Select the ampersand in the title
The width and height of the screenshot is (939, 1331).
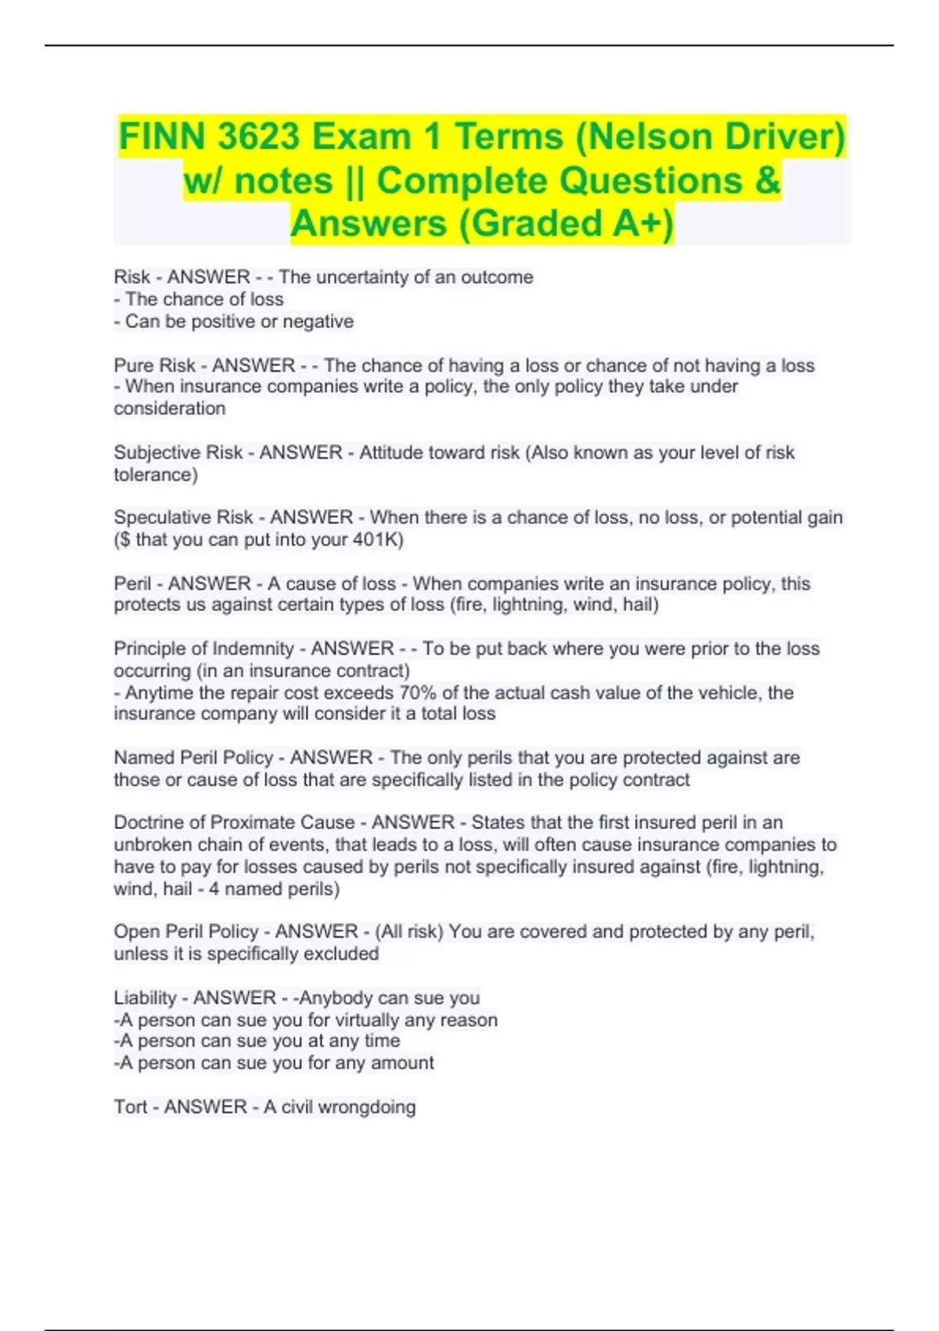click(x=768, y=181)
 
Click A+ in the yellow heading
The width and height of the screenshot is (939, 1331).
click(x=638, y=223)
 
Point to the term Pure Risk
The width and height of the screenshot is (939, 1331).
click(x=154, y=366)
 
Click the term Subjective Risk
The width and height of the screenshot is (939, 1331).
click(x=178, y=453)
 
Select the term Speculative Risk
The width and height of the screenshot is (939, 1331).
click(x=183, y=518)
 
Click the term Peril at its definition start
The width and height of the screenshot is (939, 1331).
click(x=132, y=583)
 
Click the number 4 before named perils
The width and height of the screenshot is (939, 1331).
click(x=214, y=889)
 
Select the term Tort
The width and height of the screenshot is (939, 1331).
click(x=130, y=1107)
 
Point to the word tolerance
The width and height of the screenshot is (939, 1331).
click(x=153, y=474)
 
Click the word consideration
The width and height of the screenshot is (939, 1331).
click(x=169, y=409)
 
